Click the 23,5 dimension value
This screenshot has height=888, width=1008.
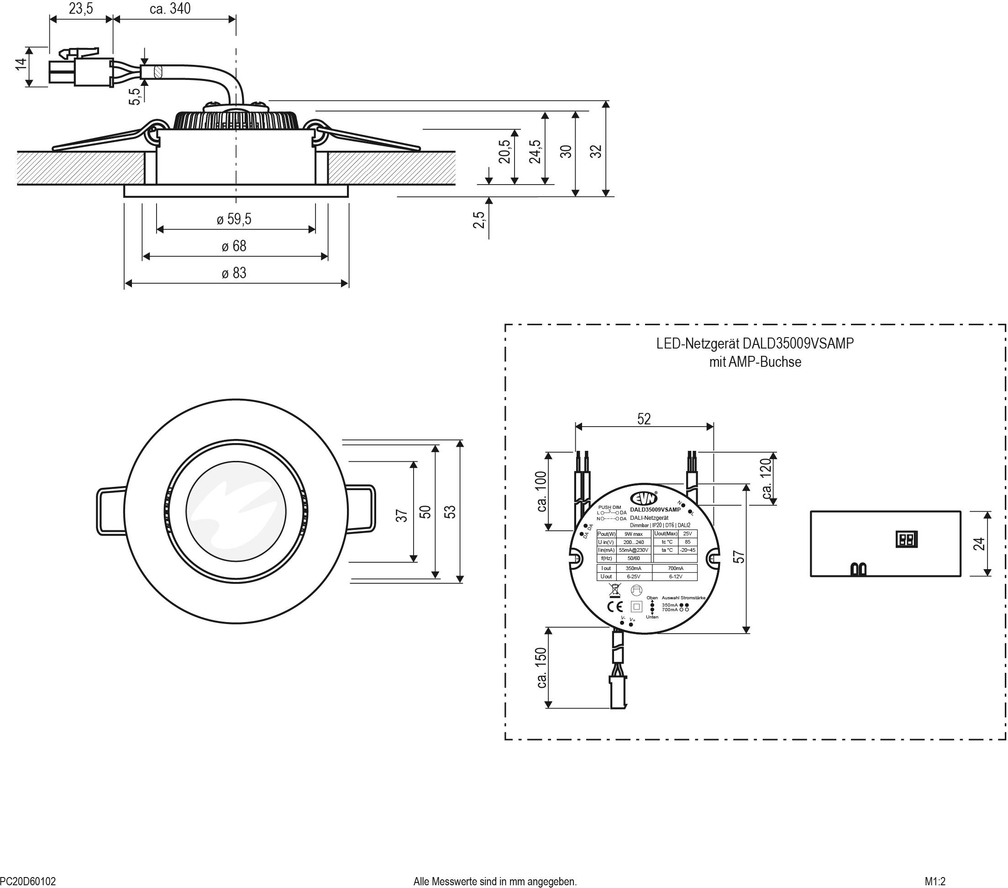click(81, 9)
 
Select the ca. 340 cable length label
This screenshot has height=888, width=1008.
click(170, 9)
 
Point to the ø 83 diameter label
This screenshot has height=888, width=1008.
click(234, 273)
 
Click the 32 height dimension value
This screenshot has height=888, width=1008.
click(596, 151)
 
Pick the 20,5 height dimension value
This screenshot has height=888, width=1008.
click(504, 152)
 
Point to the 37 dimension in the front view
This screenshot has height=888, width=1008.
click(402, 516)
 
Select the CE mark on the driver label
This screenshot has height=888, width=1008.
click(614, 607)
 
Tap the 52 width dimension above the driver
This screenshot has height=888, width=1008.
click(644, 419)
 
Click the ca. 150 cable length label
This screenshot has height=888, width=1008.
click(541, 667)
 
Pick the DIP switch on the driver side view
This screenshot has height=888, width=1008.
click(906, 539)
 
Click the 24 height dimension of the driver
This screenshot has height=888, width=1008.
click(979, 544)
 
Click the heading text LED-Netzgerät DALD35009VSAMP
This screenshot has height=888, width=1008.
click(755, 344)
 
